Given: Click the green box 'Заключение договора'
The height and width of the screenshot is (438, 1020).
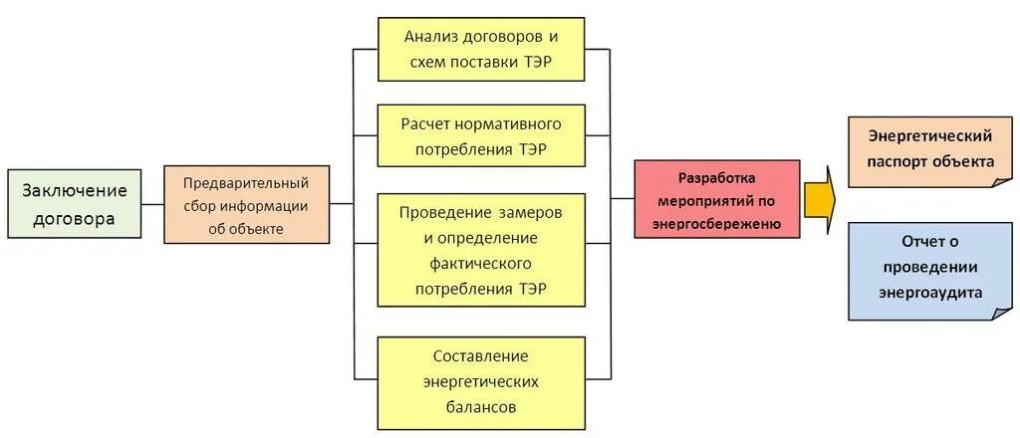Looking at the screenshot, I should click(x=75, y=204).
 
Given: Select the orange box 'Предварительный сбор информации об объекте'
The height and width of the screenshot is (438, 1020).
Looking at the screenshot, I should click(x=246, y=204).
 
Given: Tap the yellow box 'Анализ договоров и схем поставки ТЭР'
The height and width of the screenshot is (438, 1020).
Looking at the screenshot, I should click(x=481, y=50).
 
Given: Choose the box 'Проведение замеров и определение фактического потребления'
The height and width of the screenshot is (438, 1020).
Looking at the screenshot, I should click(x=481, y=251).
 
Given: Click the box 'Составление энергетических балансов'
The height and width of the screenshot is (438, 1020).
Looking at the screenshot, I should click(x=481, y=381).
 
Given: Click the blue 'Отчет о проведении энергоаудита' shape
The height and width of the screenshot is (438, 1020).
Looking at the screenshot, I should click(x=928, y=269).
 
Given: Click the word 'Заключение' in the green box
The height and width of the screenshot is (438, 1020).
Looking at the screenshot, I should click(x=75, y=190).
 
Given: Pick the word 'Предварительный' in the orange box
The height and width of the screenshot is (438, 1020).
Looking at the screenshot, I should click(x=246, y=183).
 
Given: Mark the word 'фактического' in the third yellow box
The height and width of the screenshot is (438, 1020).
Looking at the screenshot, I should click(x=481, y=264).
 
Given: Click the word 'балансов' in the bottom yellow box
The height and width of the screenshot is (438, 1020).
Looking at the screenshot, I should click(x=481, y=407).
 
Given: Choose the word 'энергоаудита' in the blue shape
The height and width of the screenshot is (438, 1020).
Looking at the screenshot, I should click(x=929, y=293).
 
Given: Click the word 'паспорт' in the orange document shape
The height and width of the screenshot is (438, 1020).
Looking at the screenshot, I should click(x=895, y=161).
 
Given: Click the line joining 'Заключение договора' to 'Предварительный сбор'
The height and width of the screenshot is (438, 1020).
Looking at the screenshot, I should click(x=152, y=204).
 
